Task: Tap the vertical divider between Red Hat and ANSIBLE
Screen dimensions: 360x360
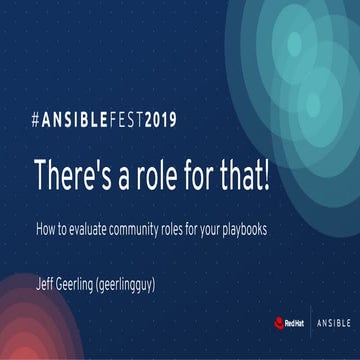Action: click(x=309, y=323)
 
